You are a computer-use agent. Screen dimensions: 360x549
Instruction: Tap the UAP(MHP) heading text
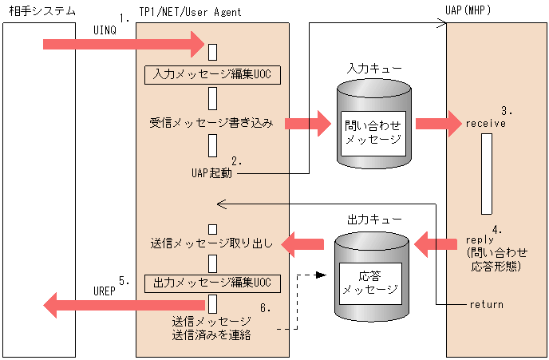coord(466,12)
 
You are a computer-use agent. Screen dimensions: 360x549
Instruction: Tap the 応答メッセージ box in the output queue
coord(369,282)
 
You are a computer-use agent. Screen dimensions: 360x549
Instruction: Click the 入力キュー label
coord(369,69)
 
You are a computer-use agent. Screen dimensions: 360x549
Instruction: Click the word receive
coord(486,124)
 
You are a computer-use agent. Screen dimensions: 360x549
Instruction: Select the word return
coord(486,305)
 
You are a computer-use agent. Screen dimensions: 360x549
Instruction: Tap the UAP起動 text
coord(211,172)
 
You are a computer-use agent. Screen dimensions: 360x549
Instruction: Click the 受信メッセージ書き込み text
coord(211,124)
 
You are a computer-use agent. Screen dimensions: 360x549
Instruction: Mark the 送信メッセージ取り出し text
coord(212,242)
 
